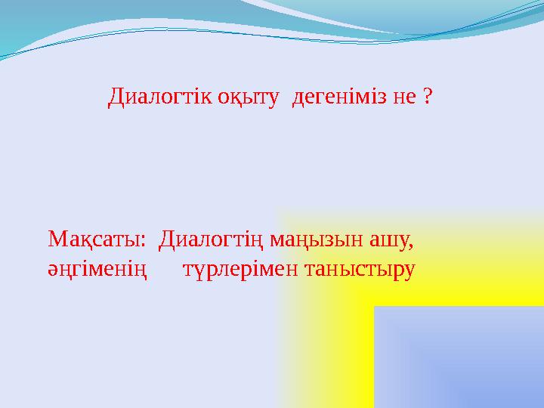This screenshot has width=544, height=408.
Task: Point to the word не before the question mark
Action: tap(400, 97)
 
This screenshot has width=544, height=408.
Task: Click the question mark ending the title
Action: tap(428, 97)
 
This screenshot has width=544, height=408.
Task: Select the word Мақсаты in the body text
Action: tap(94, 241)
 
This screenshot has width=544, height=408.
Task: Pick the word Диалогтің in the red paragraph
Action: tap(203, 242)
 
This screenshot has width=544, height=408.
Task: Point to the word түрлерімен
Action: tap(240, 269)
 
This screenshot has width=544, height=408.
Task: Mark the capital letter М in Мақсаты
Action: tap(57, 241)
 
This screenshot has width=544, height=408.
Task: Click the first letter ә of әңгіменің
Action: tap(52, 270)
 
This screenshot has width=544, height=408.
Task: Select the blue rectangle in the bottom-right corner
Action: tap(459, 357)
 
